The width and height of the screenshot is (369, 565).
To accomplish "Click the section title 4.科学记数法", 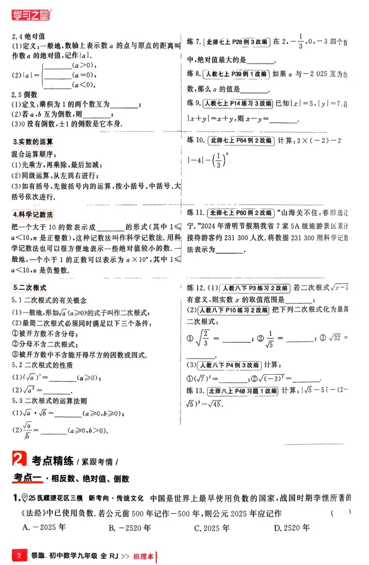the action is tap(33, 214).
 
